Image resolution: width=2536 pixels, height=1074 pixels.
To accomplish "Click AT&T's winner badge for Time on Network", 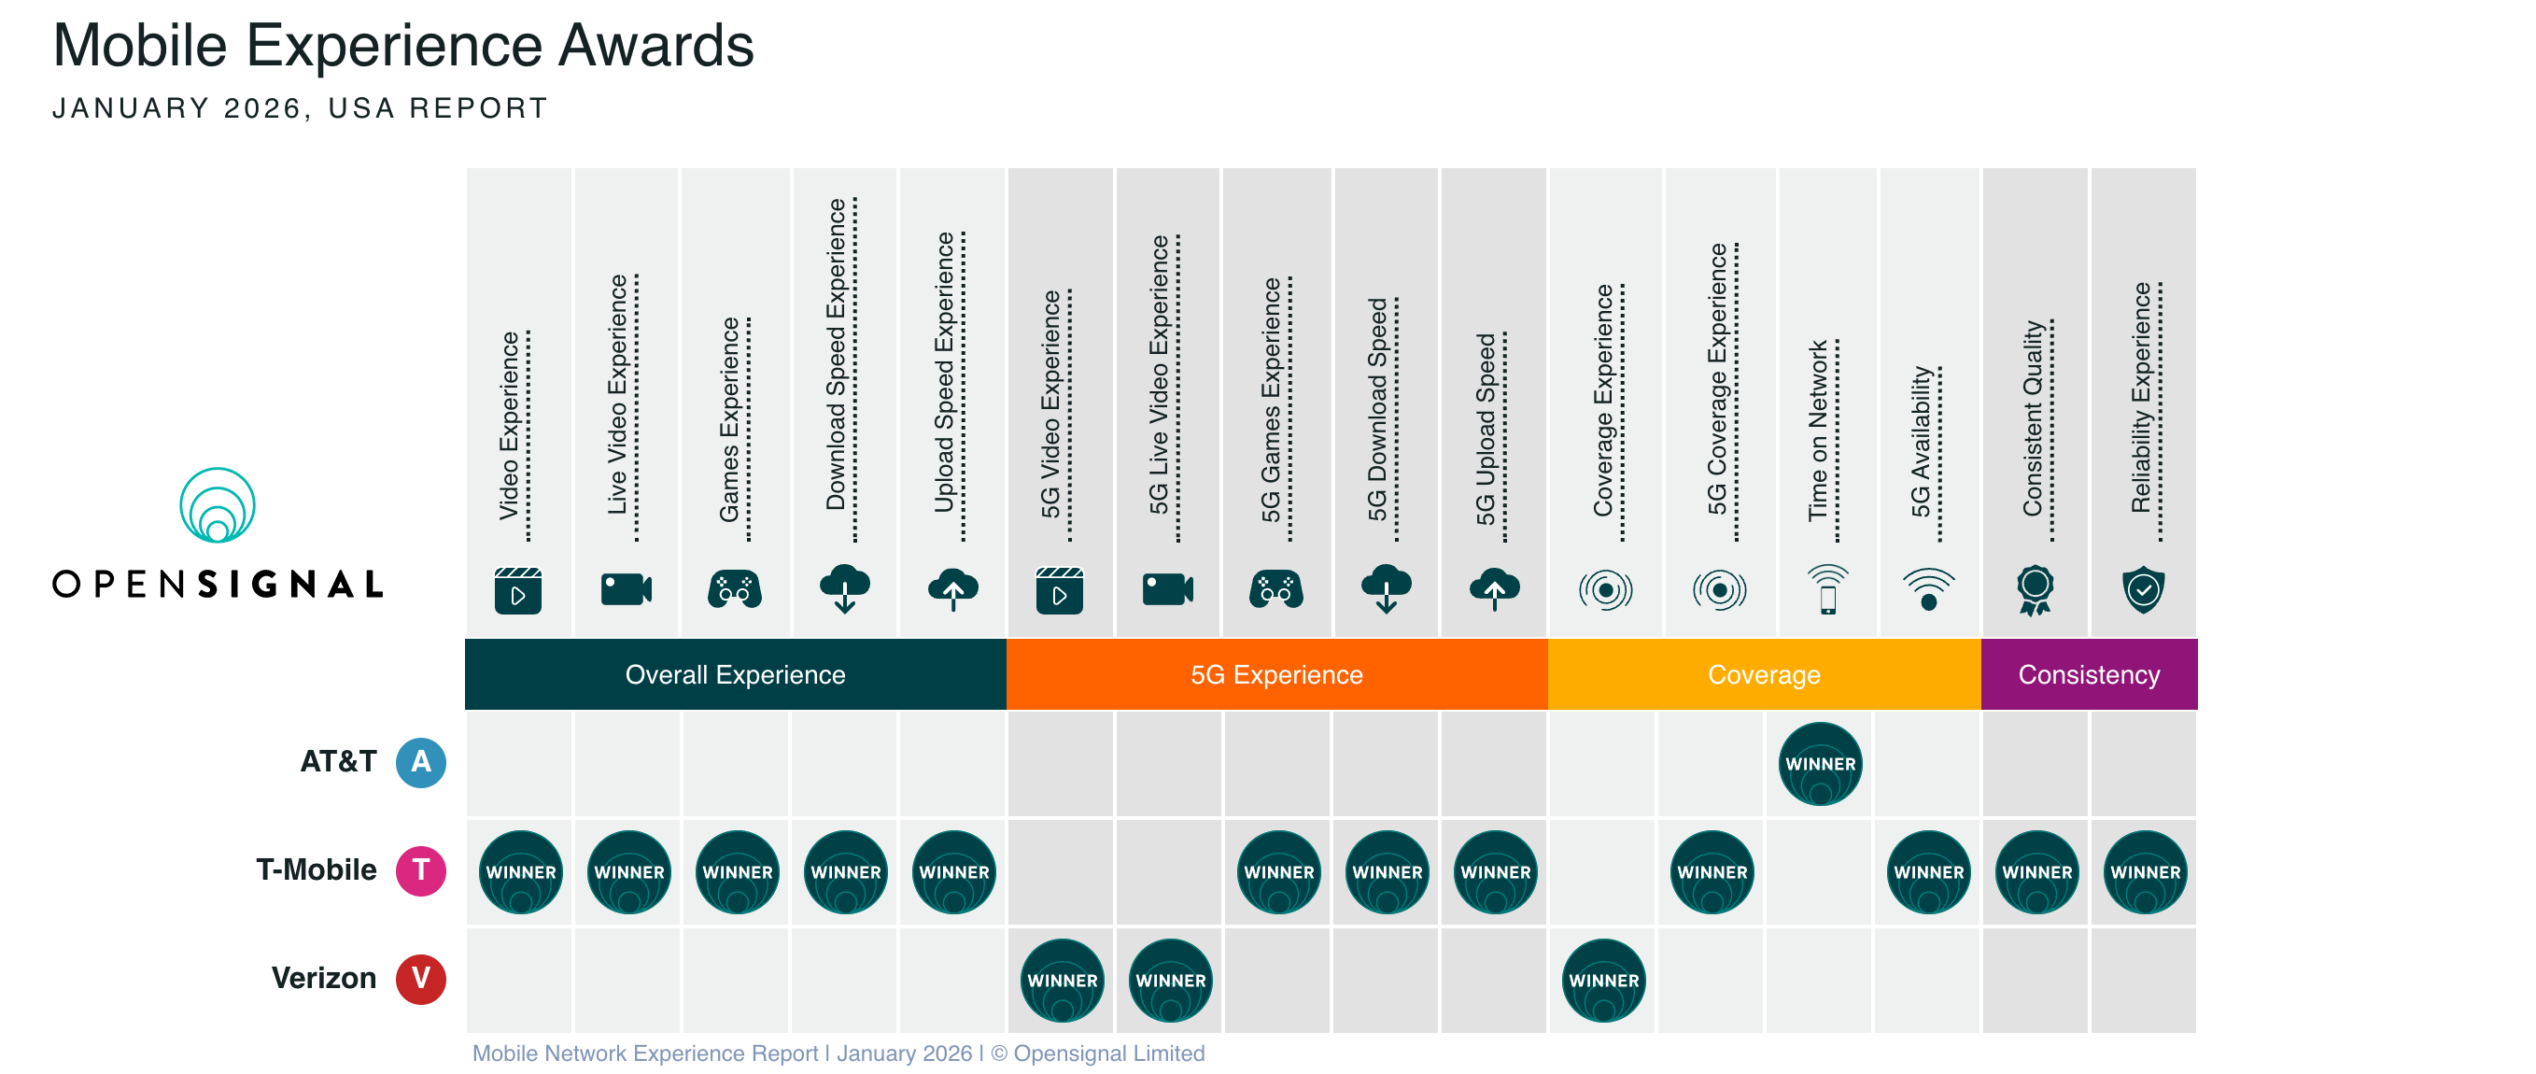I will (x=1819, y=764).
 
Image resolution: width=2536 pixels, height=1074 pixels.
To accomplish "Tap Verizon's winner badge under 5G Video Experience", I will (x=1062, y=981).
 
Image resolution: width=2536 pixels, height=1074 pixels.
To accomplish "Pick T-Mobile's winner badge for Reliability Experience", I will (x=2144, y=872).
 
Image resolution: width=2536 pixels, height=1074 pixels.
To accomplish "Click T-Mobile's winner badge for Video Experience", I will (x=521, y=872).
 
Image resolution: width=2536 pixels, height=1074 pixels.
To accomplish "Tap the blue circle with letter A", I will (x=420, y=763).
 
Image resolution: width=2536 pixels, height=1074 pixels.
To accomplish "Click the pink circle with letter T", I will (x=420, y=871).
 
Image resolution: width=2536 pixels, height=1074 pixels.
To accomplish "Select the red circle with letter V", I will (x=420, y=980).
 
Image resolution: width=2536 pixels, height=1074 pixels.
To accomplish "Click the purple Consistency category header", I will (x=2088, y=674).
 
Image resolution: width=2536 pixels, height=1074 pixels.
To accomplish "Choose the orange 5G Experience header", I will (x=1275, y=674).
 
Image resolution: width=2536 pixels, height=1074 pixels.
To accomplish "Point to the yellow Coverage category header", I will (x=1763, y=674).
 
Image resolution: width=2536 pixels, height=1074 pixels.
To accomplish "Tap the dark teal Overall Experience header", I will (x=735, y=674).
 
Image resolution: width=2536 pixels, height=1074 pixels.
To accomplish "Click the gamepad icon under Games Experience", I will (x=735, y=589).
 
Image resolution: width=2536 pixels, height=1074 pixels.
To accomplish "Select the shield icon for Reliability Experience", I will (x=2142, y=589).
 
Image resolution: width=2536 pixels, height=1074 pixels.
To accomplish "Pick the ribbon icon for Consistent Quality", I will (x=2034, y=589).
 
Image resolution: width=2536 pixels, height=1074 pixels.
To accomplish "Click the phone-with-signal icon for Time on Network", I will (x=1827, y=589).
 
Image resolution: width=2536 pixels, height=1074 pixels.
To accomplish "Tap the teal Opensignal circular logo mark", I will (x=218, y=505).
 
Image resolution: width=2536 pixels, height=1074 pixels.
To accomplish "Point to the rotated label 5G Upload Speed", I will (x=1486, y=429).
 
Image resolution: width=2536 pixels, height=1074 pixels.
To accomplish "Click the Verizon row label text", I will (x=324, y=979).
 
